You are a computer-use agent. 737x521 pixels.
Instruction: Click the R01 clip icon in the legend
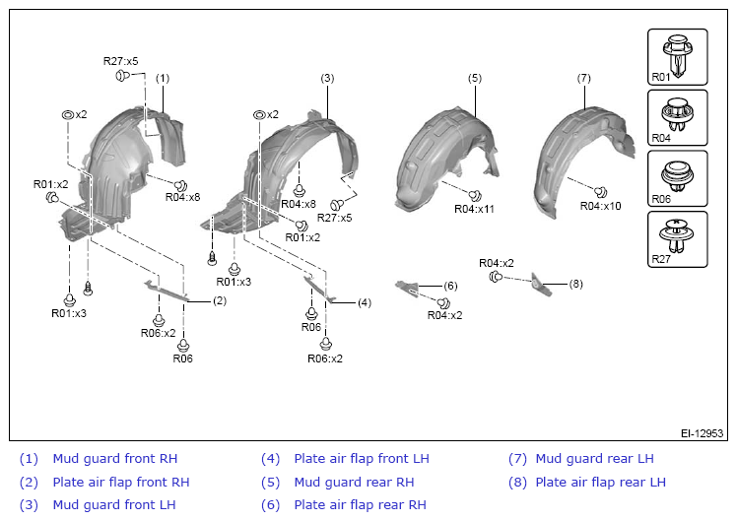pos(678,55)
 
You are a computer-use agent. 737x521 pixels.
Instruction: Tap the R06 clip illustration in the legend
pos(677,175)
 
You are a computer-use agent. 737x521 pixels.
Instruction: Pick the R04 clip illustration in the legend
pos(677,115)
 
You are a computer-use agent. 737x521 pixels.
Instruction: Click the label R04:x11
pos(474,209)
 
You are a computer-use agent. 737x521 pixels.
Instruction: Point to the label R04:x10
pos(600,206)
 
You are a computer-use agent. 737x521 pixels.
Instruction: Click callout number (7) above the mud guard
pos(583,78)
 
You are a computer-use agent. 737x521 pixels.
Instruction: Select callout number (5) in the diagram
pos(475,78)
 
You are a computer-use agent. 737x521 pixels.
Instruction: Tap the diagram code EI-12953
pos(702,433)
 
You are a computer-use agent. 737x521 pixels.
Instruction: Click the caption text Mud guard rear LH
pos(594,459)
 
